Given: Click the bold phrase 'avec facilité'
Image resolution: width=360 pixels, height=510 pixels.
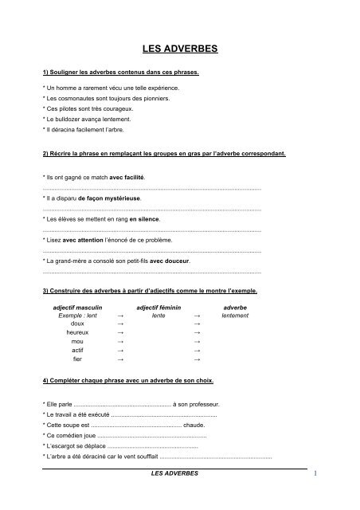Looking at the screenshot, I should (x=127, y=175).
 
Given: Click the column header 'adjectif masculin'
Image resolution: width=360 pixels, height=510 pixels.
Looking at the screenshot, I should (x=78, y=307).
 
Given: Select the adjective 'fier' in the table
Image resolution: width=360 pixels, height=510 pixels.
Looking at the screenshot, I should (x=77, y=359).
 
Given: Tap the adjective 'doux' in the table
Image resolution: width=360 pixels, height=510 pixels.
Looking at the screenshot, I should (x=77, y=324).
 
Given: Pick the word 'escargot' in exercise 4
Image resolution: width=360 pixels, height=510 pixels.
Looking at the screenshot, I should (x=66, y=447).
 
